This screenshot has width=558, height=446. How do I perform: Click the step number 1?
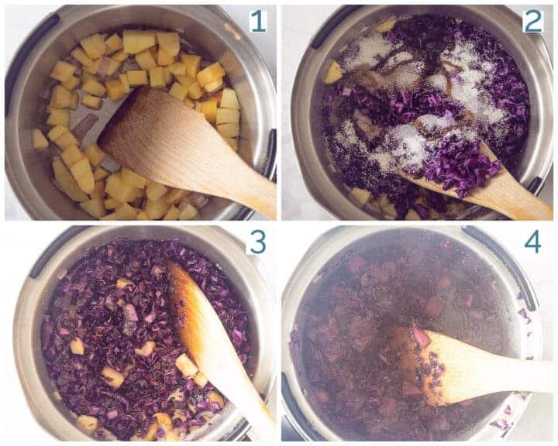[x=257, y=22]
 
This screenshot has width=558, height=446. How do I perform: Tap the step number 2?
[x=532, y=22]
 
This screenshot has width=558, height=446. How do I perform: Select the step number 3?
[x=257, y=242]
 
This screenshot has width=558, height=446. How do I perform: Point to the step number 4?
[x=532, y=242]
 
